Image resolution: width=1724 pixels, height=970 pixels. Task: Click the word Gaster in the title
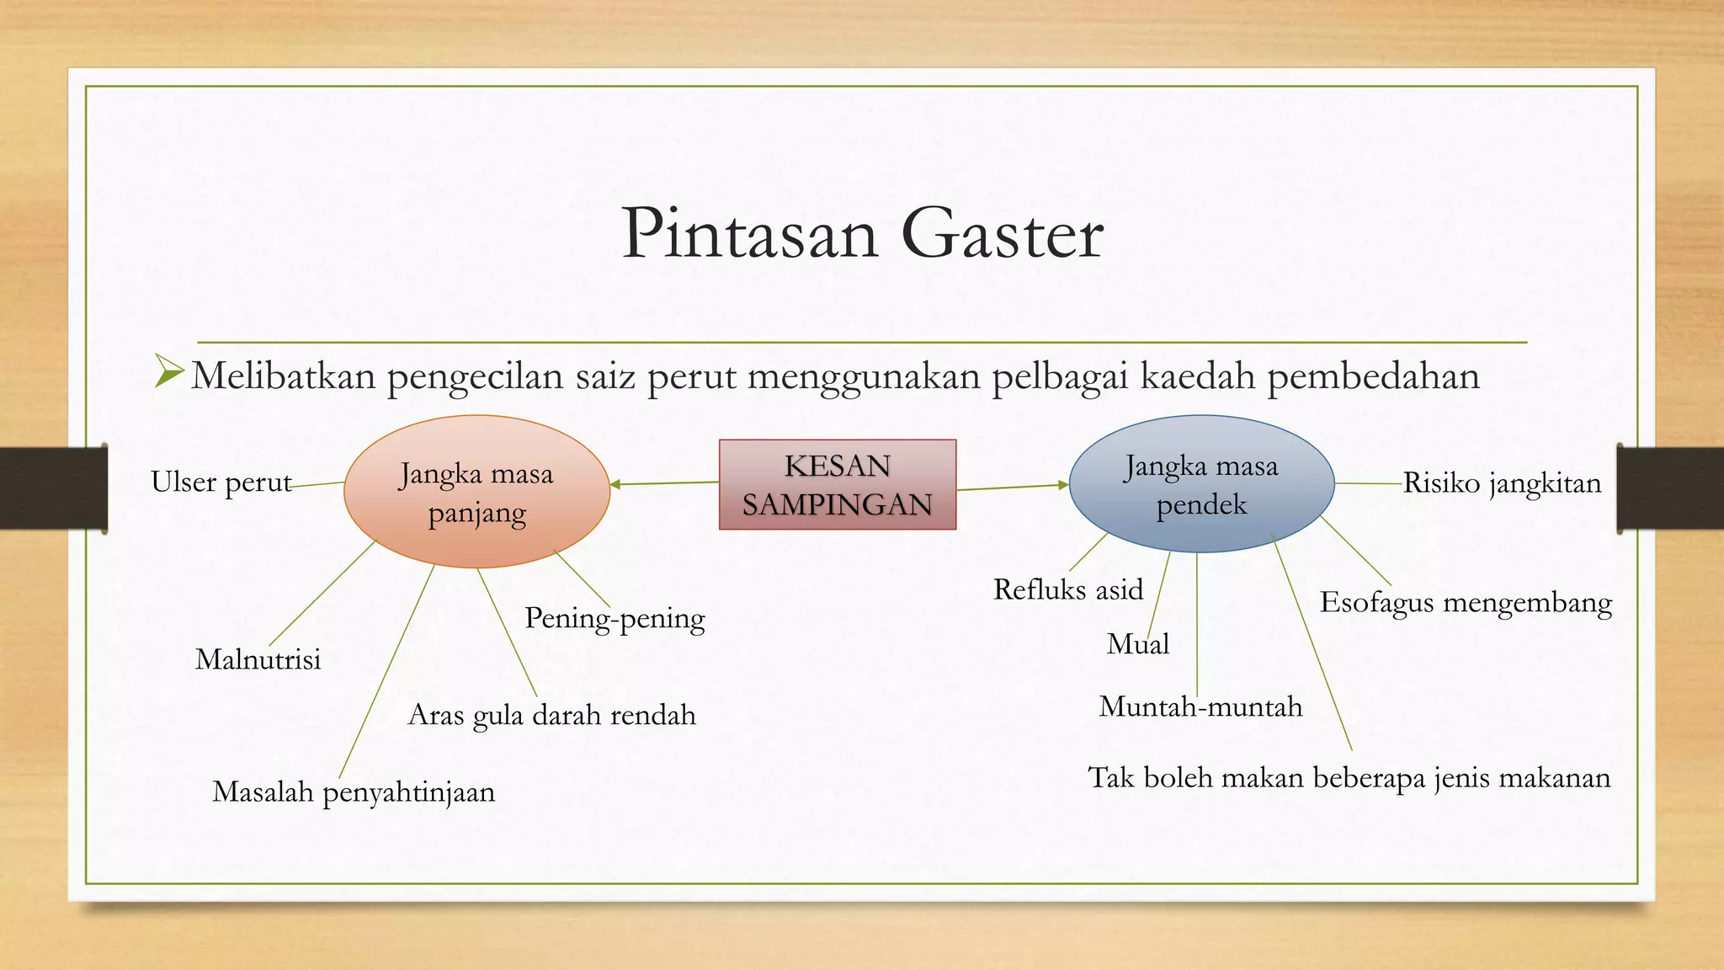click(1002, 234)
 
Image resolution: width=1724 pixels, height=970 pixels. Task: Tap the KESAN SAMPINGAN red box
click(837, 485)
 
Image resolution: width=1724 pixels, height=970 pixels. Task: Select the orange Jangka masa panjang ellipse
click(476, 493)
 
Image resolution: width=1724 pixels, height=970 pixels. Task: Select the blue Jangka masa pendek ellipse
click(1201, 484)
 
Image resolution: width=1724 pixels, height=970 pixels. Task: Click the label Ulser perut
click(221, 482)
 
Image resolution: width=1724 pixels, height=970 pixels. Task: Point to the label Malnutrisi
click(258, 658)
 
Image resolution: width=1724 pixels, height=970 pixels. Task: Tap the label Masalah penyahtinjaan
click(354, 791)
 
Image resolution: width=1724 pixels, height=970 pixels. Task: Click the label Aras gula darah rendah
click(551, 715)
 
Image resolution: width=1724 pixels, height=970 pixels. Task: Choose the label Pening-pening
click(615, 618)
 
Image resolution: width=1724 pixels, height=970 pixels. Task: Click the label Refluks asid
click(1068, 589)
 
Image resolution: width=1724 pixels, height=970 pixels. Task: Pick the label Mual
click(1137, 644)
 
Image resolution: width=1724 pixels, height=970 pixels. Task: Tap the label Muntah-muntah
click(1200, 706)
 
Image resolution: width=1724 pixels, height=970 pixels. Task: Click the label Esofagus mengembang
click(1466, 603)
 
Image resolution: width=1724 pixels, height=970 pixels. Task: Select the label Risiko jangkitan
click(1502, 483)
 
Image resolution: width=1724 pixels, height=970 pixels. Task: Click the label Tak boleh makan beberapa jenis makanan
click(1349, 777)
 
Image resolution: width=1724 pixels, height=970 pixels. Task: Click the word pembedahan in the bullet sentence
click(1373, 376)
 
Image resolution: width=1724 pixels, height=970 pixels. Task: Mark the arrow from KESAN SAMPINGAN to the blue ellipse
click(1012, 487)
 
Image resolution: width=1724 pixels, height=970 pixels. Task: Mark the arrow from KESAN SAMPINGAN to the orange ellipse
click(665, 483)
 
